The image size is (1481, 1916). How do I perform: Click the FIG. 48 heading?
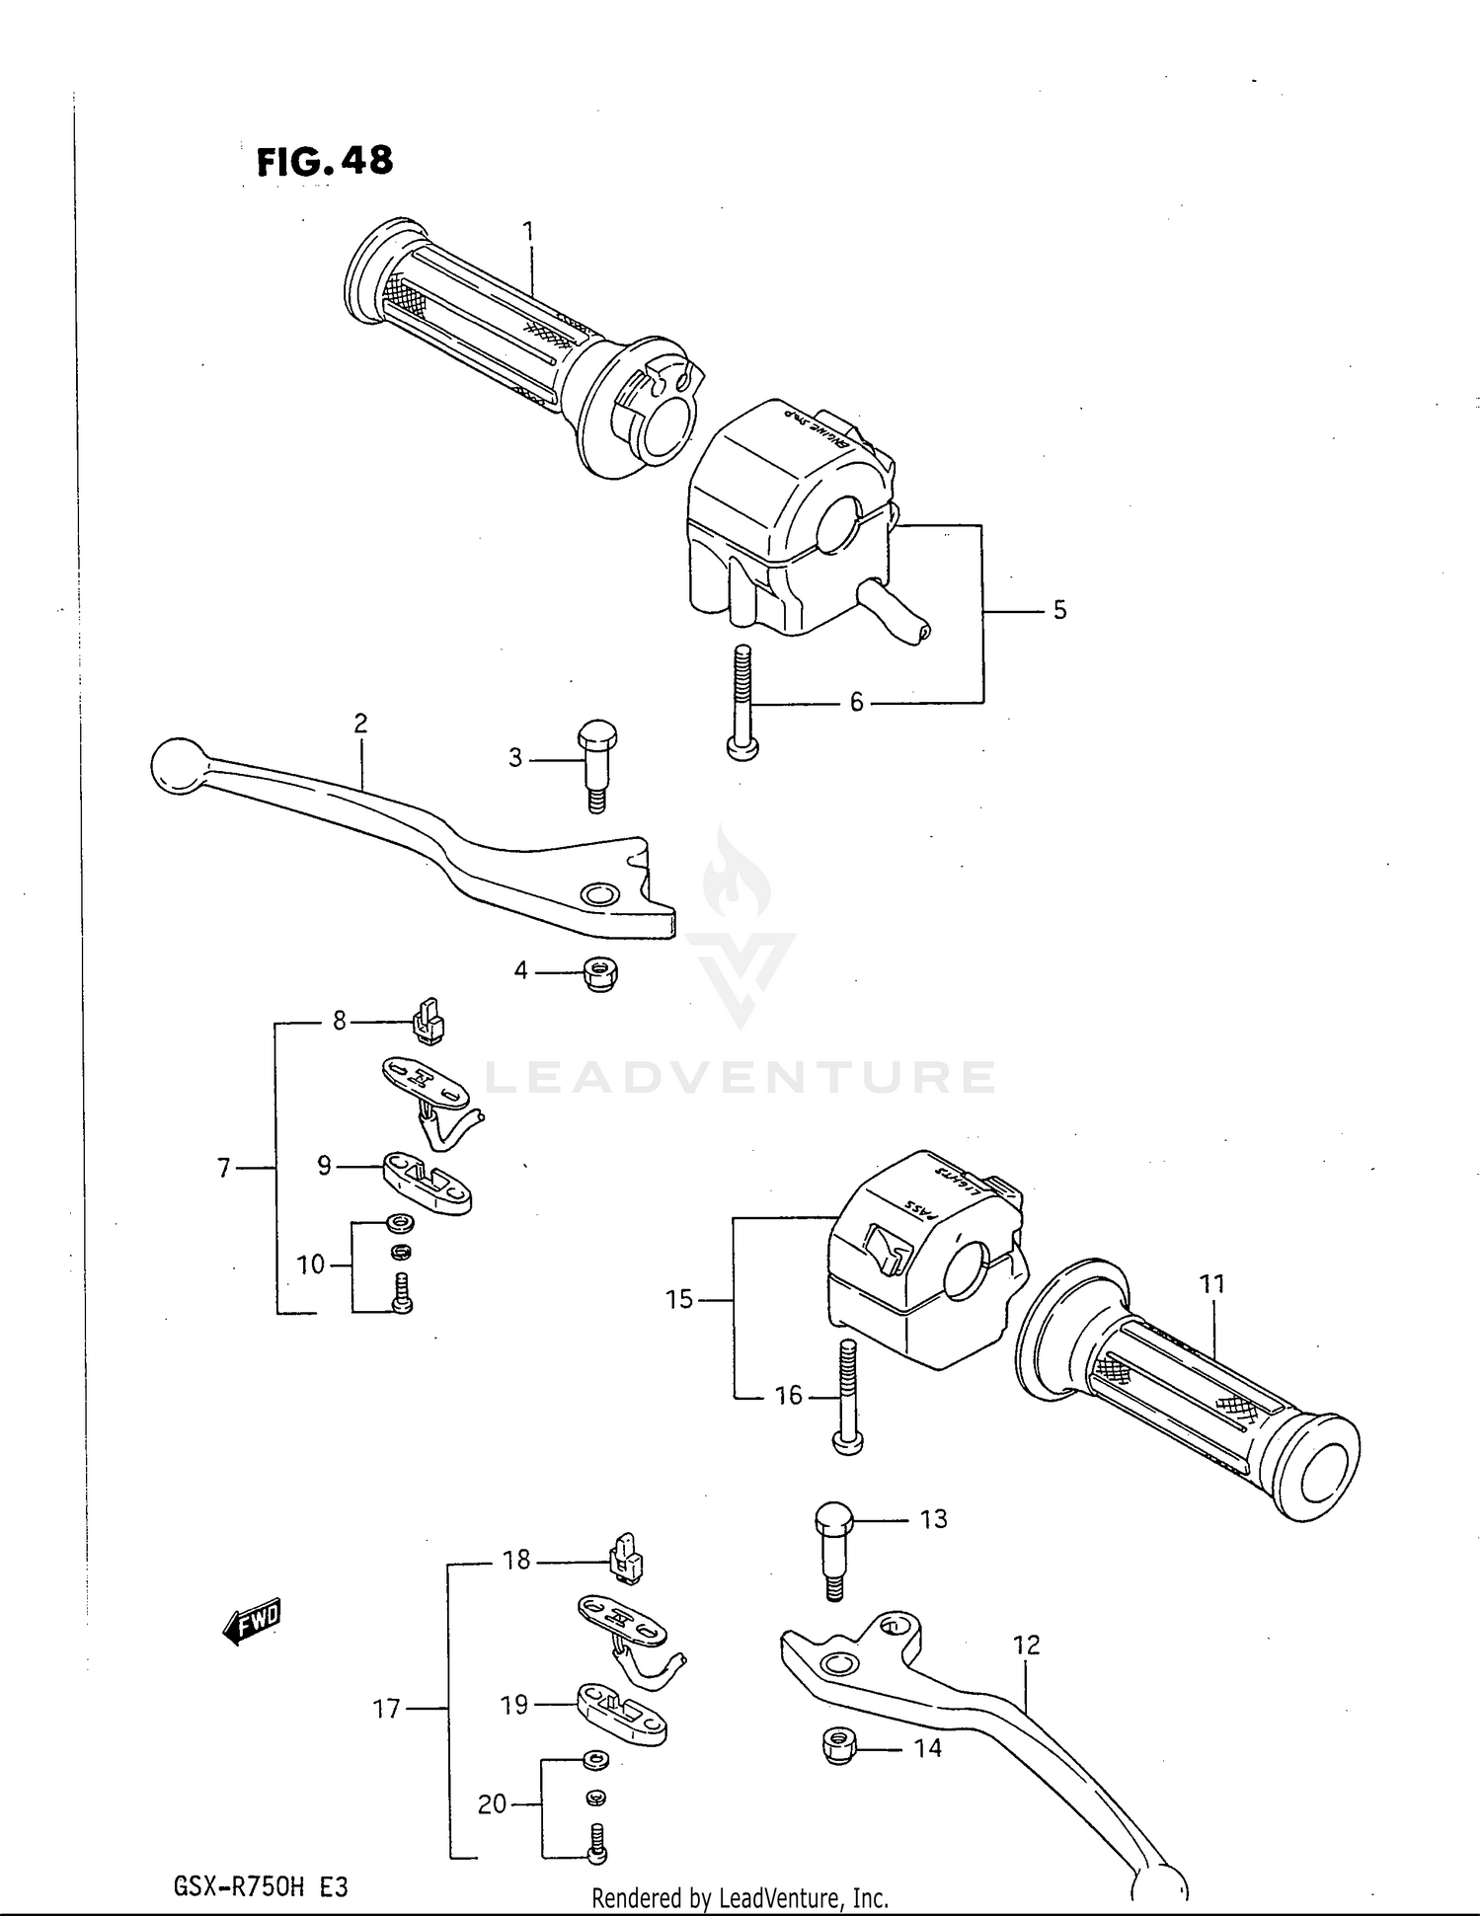325,161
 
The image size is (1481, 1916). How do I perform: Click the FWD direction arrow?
253,1621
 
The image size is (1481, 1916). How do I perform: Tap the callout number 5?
1059,610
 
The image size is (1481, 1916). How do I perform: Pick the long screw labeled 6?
743,702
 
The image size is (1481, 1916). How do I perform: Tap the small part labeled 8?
429,1021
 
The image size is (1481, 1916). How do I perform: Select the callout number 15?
679,1299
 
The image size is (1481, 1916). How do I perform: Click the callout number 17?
387,1708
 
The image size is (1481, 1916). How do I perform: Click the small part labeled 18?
625,1560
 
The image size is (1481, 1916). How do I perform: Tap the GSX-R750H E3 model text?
261,1887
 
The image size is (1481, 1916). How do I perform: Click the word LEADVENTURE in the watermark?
740,1077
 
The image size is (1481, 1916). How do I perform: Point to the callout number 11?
1212,1283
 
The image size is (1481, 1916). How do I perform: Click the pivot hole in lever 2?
596,895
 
